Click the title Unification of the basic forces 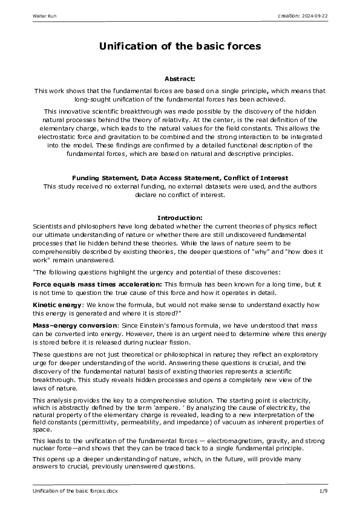(x=180, y=47)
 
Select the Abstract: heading (x=180, y=79)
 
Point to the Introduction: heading (x=180, y=218)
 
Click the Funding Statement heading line (x=180, y=178)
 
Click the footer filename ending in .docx (x=75, y=491)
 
